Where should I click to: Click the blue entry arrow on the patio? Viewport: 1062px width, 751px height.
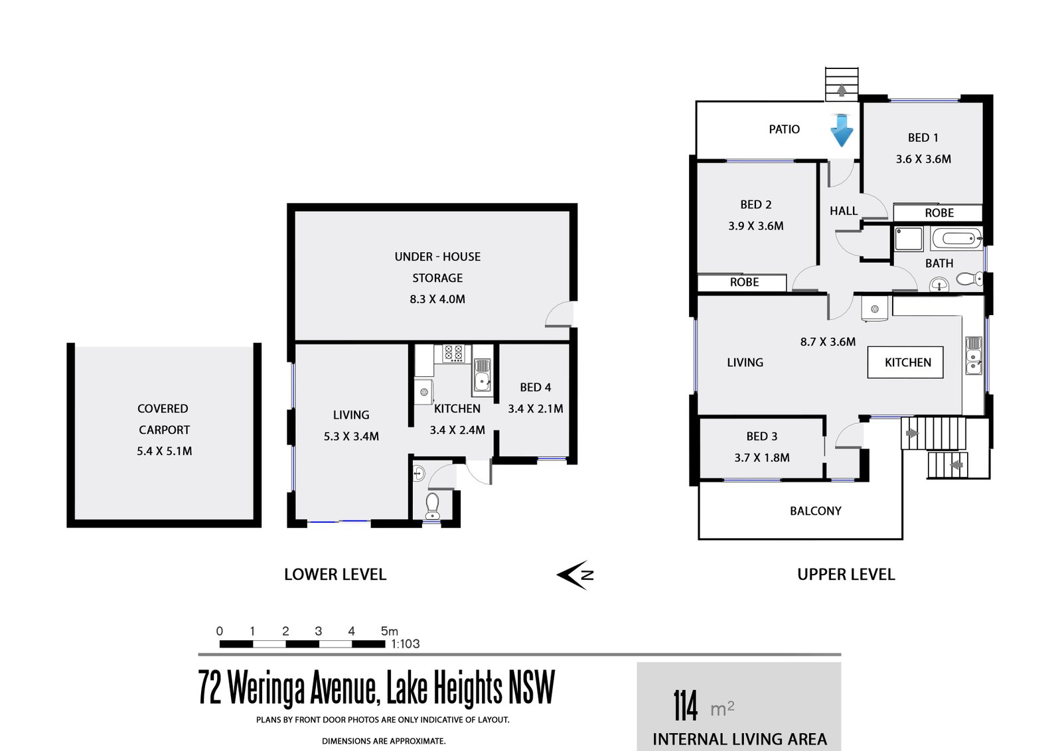coord(842,131)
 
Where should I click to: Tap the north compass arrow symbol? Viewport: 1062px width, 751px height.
coord(575,575)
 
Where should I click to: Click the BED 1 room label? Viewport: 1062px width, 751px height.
coord(923,138)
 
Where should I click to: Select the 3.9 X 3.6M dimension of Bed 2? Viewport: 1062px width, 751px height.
coord(755,226)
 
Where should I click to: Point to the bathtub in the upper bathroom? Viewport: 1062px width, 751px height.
coord(956,238)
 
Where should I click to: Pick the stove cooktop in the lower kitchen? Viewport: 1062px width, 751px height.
coord(453,353)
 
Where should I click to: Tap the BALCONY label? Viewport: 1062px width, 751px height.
coord(815,511)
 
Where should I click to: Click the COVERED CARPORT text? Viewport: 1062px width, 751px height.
coord(163,419)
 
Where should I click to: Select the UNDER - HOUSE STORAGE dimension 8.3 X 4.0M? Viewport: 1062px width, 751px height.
coord(437,299)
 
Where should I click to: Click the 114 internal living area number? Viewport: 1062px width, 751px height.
coord(685,706)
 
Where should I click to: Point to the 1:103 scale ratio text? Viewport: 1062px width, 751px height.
coord(405,644)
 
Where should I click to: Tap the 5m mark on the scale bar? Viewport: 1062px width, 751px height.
coord(389,632)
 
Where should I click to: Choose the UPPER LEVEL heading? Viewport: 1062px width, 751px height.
coord(846,575)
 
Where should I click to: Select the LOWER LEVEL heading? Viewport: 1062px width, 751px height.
coord(335,575)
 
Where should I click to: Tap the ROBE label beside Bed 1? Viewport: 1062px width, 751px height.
coord(939,213)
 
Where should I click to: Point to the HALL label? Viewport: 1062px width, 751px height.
coord(843,211)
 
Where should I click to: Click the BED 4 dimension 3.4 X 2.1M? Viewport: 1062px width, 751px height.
coord(535,409)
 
